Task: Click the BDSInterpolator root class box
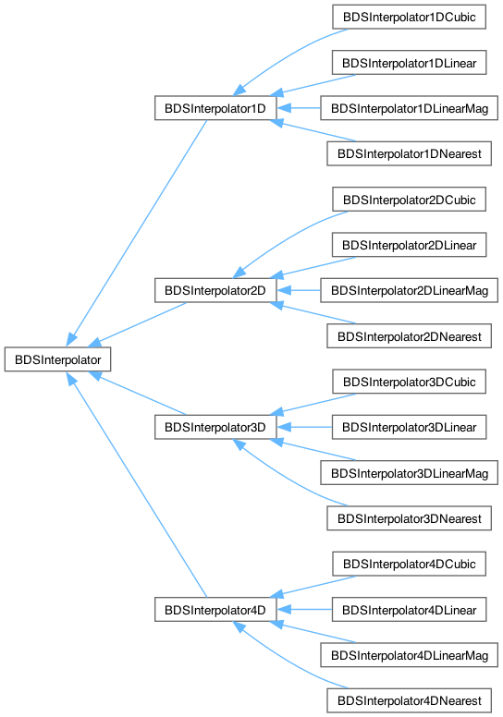click(57, 359)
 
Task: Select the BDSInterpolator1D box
click(215, 108)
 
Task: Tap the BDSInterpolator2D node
click(215, 290)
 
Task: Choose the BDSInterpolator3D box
click(215, 427)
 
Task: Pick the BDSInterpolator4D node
click(215, 610)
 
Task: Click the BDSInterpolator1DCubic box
click(410, 17)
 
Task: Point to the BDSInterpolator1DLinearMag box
click(410, 108)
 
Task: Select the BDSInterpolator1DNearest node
click(410, 153)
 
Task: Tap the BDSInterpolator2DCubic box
click(410, 200)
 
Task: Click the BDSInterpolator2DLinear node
click(410, 245)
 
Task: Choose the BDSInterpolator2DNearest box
click(410, 336)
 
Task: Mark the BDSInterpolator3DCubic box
click(410, 382)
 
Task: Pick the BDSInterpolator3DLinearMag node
click(410, 473)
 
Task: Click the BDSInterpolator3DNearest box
click(410, 518)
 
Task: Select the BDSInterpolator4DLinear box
click(410, 610)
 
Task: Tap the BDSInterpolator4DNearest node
click(410, 700)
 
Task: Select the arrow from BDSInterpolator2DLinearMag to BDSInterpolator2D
click(299, 290)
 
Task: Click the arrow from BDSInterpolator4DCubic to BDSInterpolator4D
click(313, 587)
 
